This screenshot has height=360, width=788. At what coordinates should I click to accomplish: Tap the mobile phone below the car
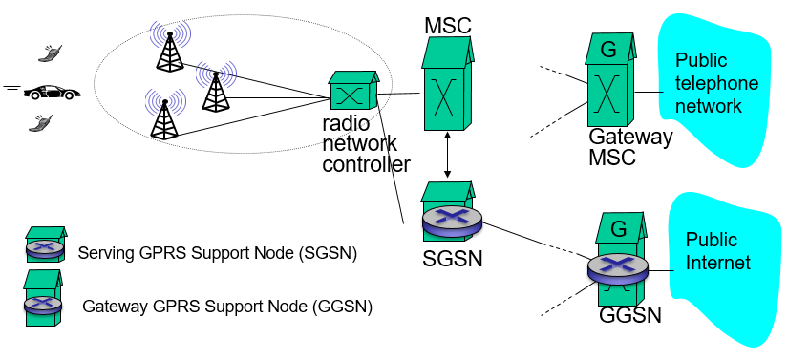click(42, 122)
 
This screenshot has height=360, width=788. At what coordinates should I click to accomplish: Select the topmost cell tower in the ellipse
click(169, 47)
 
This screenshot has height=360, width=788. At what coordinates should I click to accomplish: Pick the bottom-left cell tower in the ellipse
click(164, 114)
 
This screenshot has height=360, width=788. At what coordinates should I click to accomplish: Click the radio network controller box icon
click(352, 93)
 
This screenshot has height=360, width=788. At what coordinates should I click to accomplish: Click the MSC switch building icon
click(447, 91)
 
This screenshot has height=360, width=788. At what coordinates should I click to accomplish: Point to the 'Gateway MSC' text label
click(630, 147)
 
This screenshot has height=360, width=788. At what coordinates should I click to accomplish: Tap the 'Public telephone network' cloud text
click(716, 83)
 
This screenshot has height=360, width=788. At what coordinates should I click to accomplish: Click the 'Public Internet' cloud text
click(718, 251)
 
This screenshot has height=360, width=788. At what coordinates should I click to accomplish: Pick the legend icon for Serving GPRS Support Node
click(46, 246)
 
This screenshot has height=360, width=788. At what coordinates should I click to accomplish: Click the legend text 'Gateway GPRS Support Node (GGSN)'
click(227, 307)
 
